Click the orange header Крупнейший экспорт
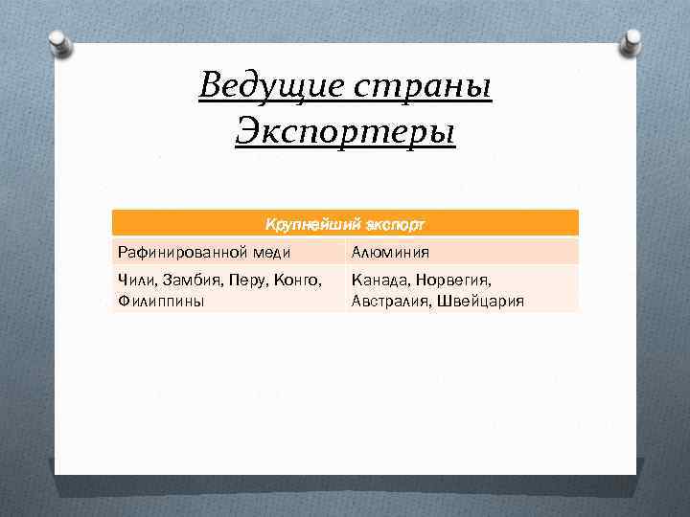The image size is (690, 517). pyautogui.click(x=345, y=224)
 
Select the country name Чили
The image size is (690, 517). pyautogui.click(x=135, y=281)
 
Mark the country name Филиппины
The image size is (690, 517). pyautogui.click(x=160, y=301)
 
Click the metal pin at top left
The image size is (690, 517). pyautogui.click(x=59, y=39)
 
